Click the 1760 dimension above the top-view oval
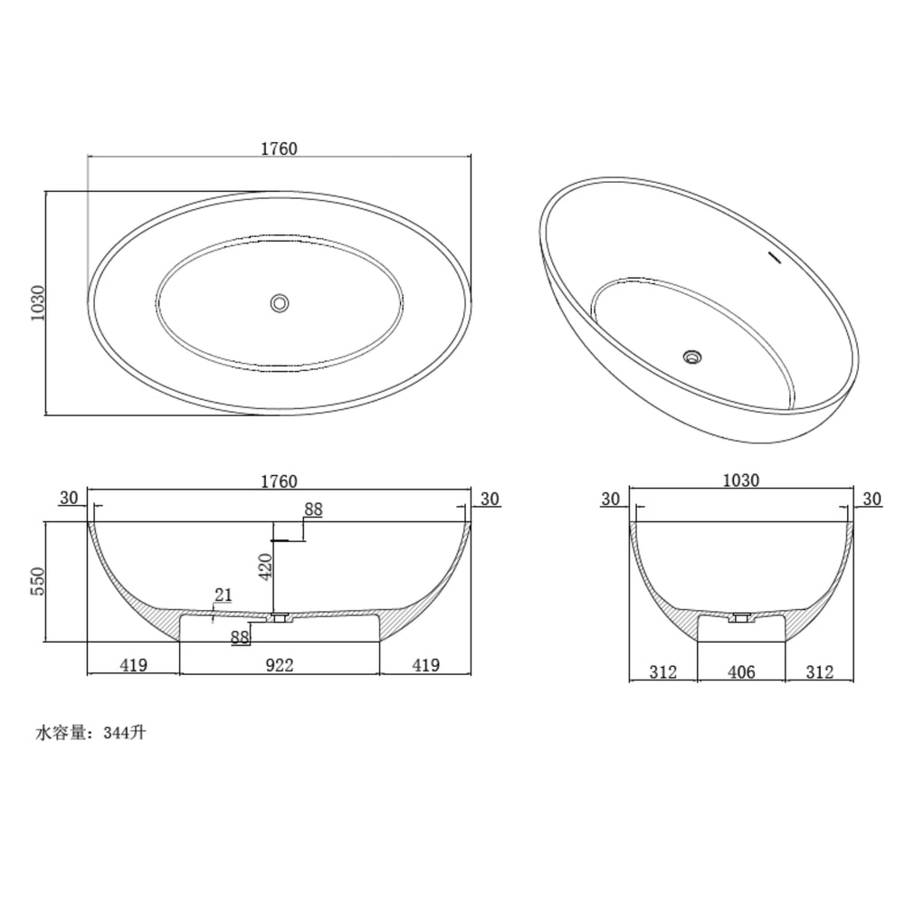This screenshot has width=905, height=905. coord(279,148)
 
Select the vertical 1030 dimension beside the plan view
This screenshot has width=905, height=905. coord(37,303)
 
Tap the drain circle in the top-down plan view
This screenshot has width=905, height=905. coord(281,302)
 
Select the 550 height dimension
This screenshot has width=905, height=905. coord(37,582)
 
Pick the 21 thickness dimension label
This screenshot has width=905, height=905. coord(223,595)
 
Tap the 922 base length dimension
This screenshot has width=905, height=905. coord(279,665)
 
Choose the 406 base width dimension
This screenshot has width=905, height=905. coord(741,672)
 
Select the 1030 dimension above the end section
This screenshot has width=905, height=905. coord(741,481)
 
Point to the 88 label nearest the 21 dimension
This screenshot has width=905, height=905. coord(240,637)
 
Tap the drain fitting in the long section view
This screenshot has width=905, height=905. coord(281,618)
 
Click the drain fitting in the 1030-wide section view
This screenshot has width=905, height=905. coord(742,618)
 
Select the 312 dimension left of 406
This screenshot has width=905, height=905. coord(663,672)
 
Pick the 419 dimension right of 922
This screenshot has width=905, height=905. coord(425,665)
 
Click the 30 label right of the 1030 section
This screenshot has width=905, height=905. coord(872,499)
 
